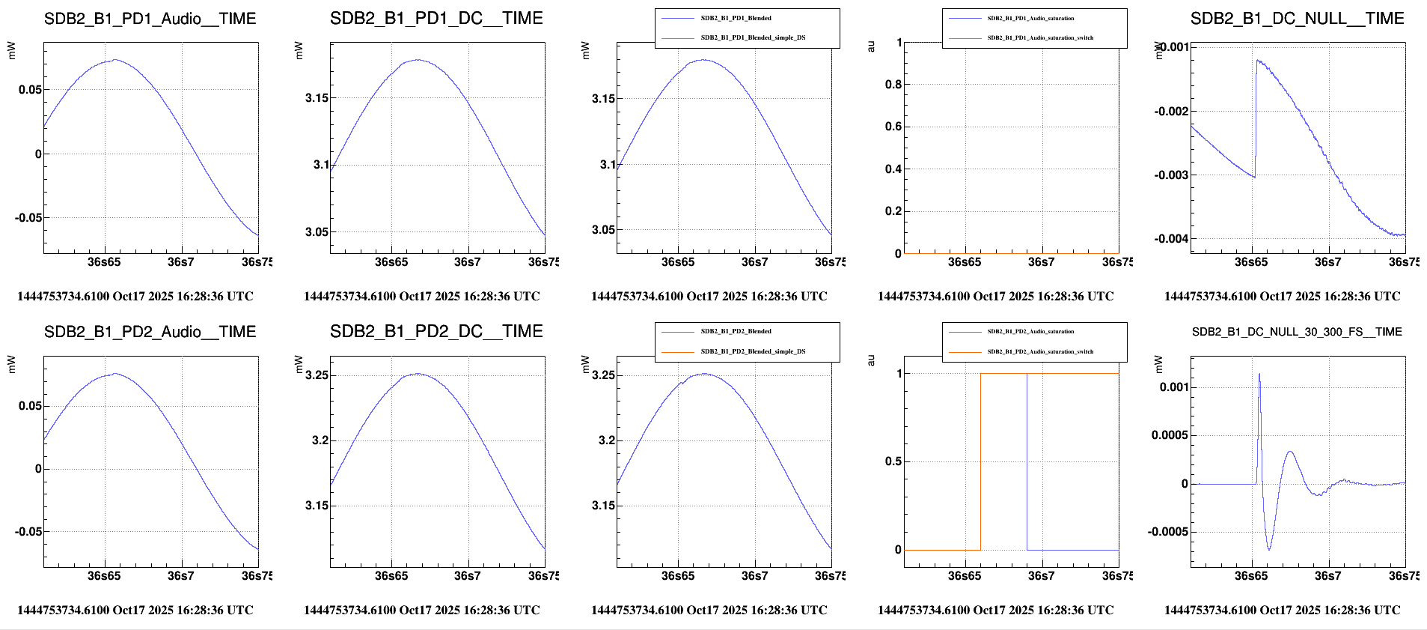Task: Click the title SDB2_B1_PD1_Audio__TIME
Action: click(150, 19)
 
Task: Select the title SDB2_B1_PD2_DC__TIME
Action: click(436, 331)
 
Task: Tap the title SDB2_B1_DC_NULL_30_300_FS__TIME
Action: click(1297, 332)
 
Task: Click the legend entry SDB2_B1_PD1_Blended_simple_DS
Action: click(753, 37)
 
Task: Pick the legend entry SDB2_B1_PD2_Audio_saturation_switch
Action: click(1040, 351)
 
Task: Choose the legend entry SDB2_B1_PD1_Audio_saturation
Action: click(1030, 18)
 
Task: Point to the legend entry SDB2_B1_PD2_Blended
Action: click(736, 331)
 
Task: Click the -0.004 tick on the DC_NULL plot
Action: click(1171, 239)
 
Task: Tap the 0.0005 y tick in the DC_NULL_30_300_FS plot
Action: click(1169, 435)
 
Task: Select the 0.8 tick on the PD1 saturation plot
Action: click(893, 85)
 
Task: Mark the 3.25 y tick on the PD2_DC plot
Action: click(317, 375)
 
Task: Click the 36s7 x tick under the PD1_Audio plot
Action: click(180, 262)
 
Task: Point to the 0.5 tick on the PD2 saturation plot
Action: click(893, 461)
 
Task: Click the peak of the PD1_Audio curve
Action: click(114, 60)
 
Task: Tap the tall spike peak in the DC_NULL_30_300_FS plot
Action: click(1259, 374)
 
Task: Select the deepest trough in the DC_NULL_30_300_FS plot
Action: click(1268, 549)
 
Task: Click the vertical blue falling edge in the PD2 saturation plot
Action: click(1027, 461)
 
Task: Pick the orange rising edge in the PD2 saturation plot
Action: click(980, 461)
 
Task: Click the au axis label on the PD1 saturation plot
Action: click(871, 46)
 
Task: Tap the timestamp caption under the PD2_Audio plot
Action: click(135, 610)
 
